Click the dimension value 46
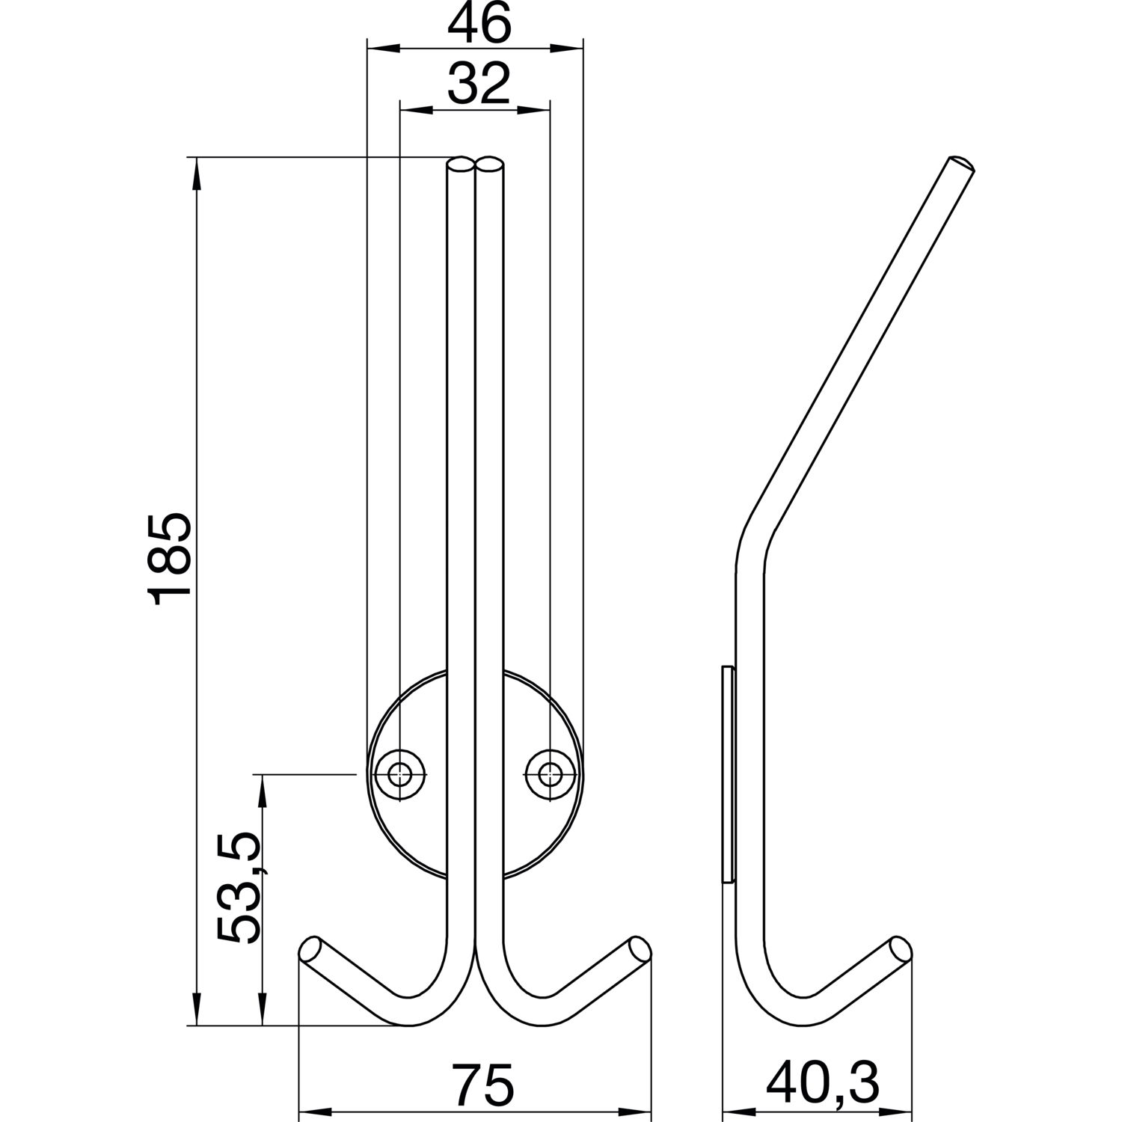(479, 24)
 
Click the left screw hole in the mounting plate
(401, 773)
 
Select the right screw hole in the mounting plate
(551, 773)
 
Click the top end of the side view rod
(963, 164)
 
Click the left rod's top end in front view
(462, 164)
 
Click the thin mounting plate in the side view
(728, 773)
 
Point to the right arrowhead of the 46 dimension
(567, 49)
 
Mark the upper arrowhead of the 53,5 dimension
(262, 791)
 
